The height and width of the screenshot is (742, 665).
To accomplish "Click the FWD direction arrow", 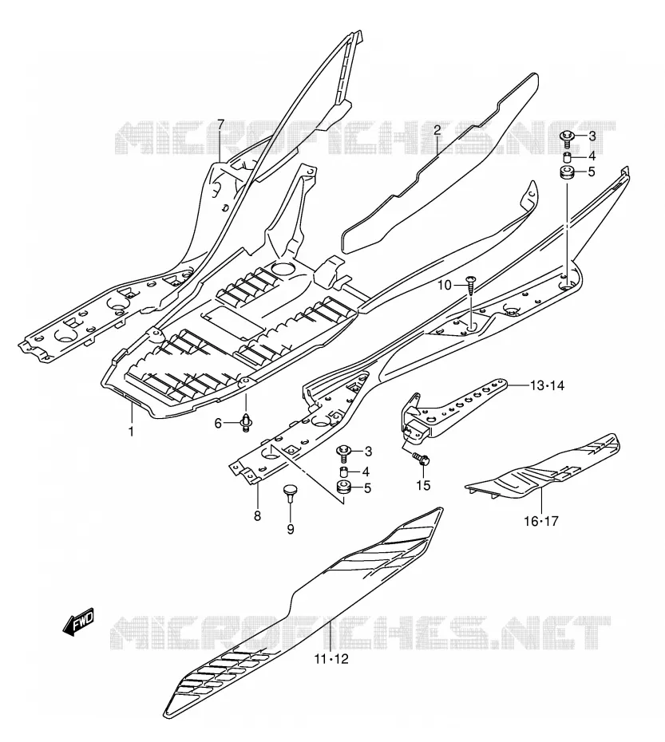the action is click(78, 621).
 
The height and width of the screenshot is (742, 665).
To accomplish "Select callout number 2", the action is click(437, 130).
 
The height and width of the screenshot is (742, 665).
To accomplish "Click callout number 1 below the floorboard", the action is click(131, 432).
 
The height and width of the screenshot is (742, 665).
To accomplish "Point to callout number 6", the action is click(218, 423).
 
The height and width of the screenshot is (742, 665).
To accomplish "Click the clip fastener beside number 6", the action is click(246, 423).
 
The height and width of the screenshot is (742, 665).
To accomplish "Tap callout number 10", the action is click(445, 285).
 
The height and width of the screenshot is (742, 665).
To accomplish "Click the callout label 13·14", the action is click(547, 385).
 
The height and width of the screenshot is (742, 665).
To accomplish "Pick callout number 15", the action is click(423, 486).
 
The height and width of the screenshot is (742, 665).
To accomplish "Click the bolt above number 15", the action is click(421, 459).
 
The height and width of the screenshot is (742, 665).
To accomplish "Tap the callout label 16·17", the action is click(541, 522).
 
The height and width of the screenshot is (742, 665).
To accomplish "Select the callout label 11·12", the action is click(331, 659).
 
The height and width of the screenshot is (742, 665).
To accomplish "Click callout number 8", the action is click(257, 515).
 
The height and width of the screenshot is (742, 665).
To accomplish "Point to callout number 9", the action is click(291, 529).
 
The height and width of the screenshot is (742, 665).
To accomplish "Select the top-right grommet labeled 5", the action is click(567, 172).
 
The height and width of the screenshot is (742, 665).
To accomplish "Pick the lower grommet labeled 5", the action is click(343, 487).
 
